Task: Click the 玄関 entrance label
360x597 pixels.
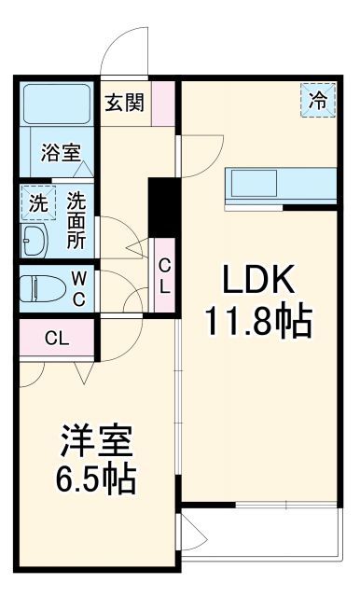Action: tap(124, 103)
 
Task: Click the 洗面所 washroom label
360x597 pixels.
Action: tap(76, 219)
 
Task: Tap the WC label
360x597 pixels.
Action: tap(79, 288)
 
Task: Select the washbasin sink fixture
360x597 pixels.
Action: tap(35, 243)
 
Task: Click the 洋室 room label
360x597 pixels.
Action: tap(97, 438)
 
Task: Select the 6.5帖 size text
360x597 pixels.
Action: tap(97, 480)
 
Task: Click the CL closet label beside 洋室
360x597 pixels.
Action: tap(55, 338)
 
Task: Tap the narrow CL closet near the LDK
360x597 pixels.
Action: tap(164, 274)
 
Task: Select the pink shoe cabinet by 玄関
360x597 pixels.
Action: tap(164, 103)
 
